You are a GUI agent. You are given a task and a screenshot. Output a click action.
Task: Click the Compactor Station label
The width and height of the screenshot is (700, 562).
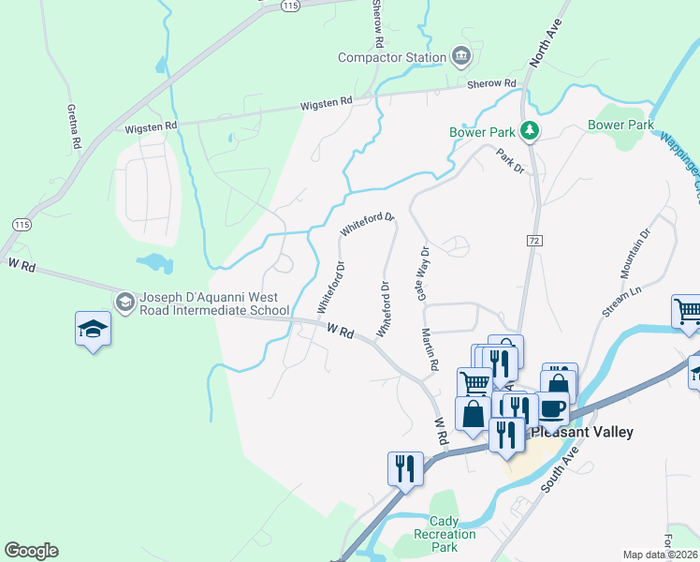(x=392, y=58)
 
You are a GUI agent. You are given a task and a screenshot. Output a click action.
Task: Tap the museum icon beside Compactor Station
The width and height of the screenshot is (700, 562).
(x=460, y=57)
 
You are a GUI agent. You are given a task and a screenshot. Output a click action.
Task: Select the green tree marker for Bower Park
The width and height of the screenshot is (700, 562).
(x=530, y=130)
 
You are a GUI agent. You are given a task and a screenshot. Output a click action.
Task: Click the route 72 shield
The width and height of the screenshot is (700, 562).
(x=533, y=241)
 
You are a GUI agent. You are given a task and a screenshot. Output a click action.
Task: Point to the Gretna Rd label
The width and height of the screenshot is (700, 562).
(x=71, y=126)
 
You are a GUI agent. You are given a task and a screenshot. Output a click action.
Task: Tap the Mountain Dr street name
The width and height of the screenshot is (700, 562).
(x=634, y=253)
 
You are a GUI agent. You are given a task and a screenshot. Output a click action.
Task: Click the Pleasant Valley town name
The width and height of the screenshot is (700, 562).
(x=582, y=433)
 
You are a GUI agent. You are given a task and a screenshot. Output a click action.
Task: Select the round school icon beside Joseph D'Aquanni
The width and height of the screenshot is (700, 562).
(x=124, y=302)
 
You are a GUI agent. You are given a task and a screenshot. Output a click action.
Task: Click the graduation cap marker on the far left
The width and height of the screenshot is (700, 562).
(x=94, y=329)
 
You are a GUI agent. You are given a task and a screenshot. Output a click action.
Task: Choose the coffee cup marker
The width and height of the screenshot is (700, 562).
(x=552, y=408)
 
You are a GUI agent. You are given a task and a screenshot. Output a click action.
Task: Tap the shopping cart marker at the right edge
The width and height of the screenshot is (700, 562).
(x=688, y=311)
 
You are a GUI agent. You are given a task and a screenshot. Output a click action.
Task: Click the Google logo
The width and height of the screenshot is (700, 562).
(x=31, y=551)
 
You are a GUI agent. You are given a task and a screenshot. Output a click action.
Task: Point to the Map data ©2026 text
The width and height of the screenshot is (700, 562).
(x=661, y=555)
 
